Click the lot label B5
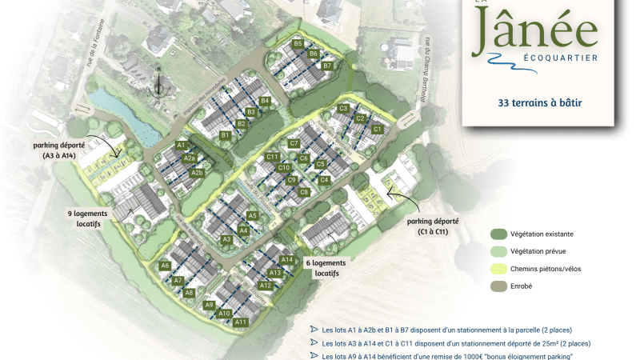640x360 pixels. click(298, 43)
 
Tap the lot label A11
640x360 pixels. click(241, 322)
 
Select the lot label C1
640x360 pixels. click(378, 129)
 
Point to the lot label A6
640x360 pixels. click(165, 265)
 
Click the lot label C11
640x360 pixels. click(272, 157)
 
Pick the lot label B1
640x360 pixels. click(226, 136)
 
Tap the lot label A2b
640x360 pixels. click(198, 173)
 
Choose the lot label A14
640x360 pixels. click(287, 259)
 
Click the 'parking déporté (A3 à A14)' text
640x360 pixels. click(58, 150)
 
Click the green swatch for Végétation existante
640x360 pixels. click(499, 234)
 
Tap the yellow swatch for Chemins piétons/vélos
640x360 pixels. click(499, 268)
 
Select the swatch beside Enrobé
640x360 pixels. click(499, 286)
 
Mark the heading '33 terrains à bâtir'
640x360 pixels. click(539, 102)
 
